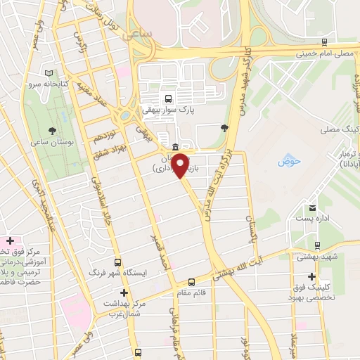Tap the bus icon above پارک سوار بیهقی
pyautogui.click(x=168, y=98)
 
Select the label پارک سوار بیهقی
pyautogui.click(x=168, y=110)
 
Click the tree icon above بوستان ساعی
pyautogui.click(x=52, y=131)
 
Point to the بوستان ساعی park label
pyautogui.click(x=51, y=143)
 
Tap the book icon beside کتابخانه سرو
pyautogui.click(x=49, y=73)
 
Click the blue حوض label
pyautogui.click(x=288, y=161)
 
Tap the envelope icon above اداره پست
pyautogui.click(x=311, y=207)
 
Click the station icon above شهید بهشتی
pyautogui.click(x=319, y=245)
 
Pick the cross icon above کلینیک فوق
pyautogui.click(x=311, y=276)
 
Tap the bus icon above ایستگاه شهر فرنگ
pyautogui.click(x=118, y=259)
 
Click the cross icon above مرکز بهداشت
pyautogui.click(x=124, y=292)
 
